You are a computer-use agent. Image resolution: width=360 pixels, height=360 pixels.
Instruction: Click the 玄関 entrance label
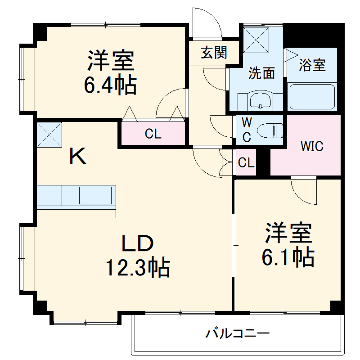213,53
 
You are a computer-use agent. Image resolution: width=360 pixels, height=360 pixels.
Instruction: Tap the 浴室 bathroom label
312,65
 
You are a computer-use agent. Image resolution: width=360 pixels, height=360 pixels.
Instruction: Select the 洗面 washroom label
261,73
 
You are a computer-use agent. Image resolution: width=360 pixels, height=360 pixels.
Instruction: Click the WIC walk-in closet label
312,147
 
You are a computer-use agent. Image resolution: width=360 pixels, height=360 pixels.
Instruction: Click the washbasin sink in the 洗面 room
260,101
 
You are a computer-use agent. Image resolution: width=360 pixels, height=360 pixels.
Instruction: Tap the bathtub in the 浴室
312,96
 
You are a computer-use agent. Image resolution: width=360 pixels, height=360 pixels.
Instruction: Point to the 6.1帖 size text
288,257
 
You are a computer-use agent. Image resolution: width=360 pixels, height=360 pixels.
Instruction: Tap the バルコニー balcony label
238,333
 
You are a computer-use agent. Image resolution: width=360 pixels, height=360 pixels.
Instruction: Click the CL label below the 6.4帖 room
153,134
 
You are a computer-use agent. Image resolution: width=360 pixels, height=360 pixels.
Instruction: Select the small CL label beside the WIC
246,163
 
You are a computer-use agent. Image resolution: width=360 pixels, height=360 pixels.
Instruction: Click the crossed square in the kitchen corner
49,134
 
